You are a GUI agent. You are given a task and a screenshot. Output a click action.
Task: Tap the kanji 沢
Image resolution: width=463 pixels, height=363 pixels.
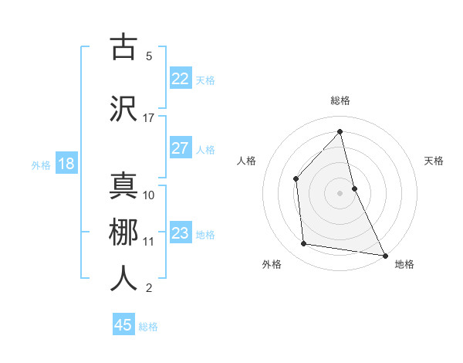click(x=123, y=109)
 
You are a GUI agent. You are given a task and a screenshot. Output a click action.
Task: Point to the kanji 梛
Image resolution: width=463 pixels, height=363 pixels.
click(x=123, y=232)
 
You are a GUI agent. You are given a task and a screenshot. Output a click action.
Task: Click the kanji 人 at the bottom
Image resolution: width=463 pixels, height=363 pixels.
click(x=123, y=278)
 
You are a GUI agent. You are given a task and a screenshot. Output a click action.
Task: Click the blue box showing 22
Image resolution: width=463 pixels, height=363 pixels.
click(x=180, y=79)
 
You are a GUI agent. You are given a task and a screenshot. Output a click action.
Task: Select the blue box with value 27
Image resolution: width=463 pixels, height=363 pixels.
click(x=180, y=148)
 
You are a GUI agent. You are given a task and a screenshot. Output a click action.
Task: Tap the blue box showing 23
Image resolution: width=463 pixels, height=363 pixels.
click(x=180, y=233)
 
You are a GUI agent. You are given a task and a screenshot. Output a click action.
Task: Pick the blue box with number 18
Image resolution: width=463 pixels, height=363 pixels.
click(x=66, y=164)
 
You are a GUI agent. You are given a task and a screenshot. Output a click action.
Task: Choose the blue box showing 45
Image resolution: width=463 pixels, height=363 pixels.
click(x=123, y=325)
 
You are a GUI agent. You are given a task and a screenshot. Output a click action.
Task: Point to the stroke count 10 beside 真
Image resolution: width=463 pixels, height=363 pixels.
click(x=149, y=195)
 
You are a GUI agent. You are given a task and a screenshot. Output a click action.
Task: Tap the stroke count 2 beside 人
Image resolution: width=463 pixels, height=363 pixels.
click(x=148, y=288)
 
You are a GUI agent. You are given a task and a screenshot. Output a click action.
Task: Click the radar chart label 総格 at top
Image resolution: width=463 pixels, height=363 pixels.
click(x=340, y=100)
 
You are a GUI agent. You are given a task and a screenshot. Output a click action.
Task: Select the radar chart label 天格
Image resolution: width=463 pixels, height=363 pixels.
click(x=434, y=161)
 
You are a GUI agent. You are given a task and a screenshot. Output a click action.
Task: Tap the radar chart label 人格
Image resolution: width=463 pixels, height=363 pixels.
click(x=246, y=161)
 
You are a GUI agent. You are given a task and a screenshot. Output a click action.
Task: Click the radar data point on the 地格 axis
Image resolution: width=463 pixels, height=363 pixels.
click(x=384, y=254)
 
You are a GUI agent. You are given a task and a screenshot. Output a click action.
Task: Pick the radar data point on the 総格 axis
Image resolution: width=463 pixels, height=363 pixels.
click(x=340, y=132)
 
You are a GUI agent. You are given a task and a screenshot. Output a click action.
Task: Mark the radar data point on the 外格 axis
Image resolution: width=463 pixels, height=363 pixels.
click(x=304, y=244)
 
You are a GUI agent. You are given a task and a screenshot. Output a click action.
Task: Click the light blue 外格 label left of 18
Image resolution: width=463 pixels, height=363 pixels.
click(x=41, y=165)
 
